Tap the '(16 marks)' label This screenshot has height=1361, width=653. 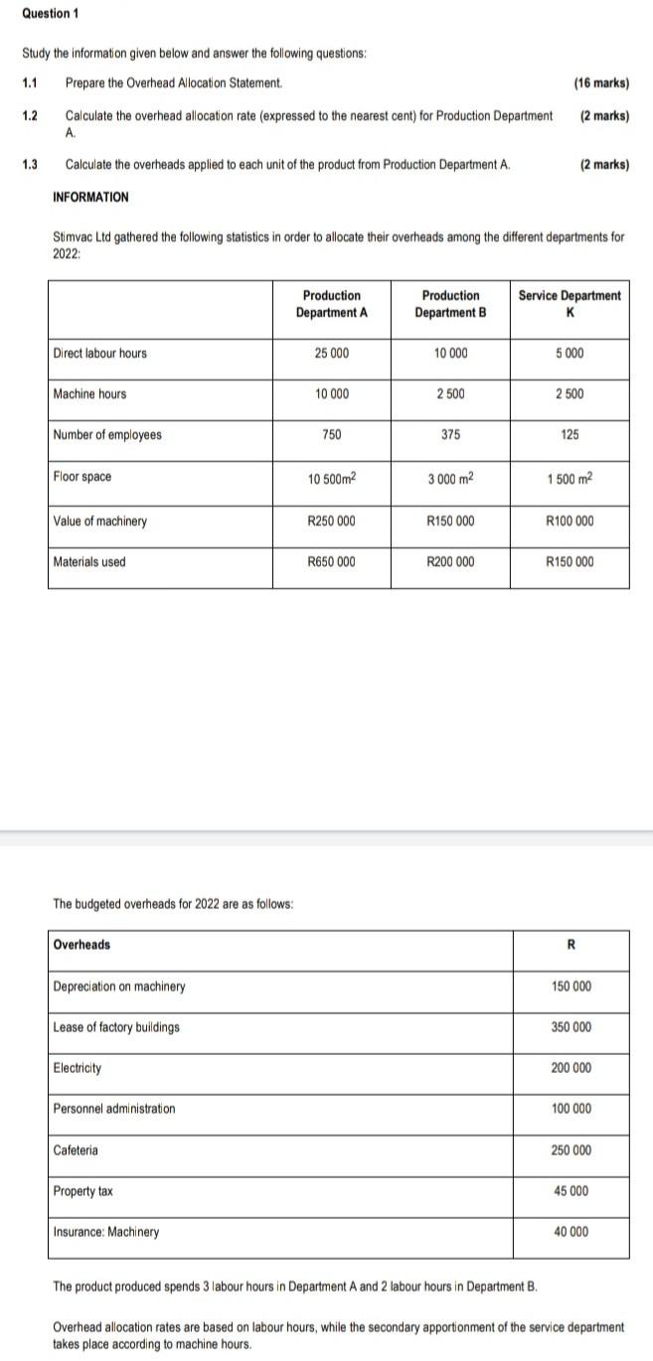601,83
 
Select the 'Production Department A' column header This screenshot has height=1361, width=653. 332,304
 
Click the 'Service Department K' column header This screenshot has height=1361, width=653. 570,304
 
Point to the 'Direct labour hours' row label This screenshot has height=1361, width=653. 99,354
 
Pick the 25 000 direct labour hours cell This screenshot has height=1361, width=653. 332,354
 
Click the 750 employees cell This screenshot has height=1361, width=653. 332,435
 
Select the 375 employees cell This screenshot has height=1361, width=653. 451,435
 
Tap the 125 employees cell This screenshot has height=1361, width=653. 570,435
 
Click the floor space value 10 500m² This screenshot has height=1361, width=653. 332,479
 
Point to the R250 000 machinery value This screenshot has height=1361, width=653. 332,522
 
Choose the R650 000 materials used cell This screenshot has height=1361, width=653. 332,562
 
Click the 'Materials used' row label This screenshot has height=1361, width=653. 89,562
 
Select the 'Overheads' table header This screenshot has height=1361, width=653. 82,945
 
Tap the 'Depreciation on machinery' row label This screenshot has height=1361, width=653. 118,986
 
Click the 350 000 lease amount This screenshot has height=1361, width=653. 571,1027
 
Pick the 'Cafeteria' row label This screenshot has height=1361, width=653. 76,1150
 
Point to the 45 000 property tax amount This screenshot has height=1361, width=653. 571,1191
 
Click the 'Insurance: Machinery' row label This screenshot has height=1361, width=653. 105,1232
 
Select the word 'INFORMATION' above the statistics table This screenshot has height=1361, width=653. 90,197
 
